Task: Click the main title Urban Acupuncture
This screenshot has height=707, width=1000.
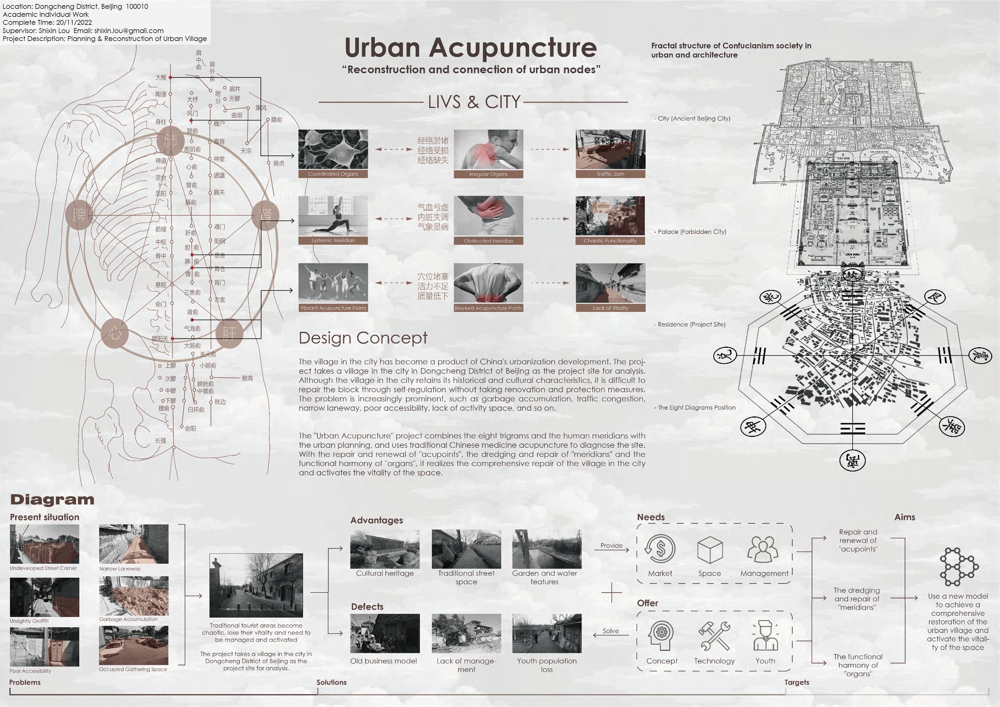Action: tap(470, 48)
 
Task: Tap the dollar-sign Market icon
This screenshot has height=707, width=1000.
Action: tap(660, 549)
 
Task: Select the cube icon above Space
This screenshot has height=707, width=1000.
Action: tap(710, 550)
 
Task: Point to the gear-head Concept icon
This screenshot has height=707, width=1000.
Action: tap(661, 635)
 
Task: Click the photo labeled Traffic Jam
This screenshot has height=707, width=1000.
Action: tap(610, 150)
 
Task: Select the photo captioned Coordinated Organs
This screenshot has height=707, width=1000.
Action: tap(333, 150)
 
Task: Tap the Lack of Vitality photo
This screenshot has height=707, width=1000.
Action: tap(610, 283)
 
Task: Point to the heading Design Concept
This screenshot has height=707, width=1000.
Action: tap(363, 338)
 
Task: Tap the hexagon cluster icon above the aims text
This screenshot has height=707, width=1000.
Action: tap(959, 566)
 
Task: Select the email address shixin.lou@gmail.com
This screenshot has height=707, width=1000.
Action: tap(129, 30)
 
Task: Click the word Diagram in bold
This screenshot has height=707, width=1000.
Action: tap(52, 499)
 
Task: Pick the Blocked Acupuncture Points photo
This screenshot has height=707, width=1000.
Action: tap(488, 283)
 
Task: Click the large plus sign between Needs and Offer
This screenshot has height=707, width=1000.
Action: tap(611, 592)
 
